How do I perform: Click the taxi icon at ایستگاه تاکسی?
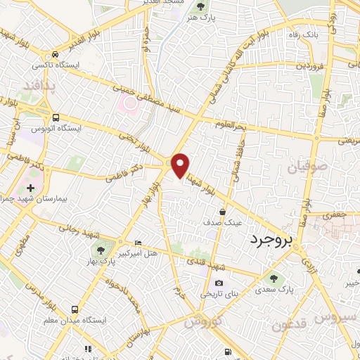pos(55,56)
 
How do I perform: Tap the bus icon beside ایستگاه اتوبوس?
pos(55,117)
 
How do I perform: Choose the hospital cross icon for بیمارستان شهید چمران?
pos(30,188)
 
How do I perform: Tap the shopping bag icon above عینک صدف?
pos(221,212)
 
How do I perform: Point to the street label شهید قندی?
pos(205,262)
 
